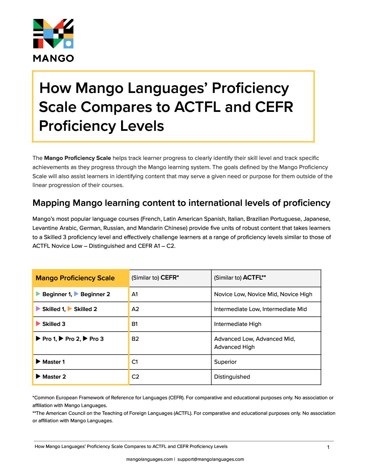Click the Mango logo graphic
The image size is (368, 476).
coord(53,33)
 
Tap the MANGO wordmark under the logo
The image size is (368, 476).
coord(53,58)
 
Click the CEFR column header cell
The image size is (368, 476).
coord(170,278)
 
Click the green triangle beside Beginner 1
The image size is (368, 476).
coord(38,294)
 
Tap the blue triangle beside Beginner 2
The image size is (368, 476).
coord(76,294)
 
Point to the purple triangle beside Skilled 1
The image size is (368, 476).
coord(38,309)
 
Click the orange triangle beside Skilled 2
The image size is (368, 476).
coord(70,309)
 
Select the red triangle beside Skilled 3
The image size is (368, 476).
coord(38,324)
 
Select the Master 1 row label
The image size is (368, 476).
coord(53,362)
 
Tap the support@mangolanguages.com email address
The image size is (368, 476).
coord(211,459)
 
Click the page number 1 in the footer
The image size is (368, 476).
coord(328,447)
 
